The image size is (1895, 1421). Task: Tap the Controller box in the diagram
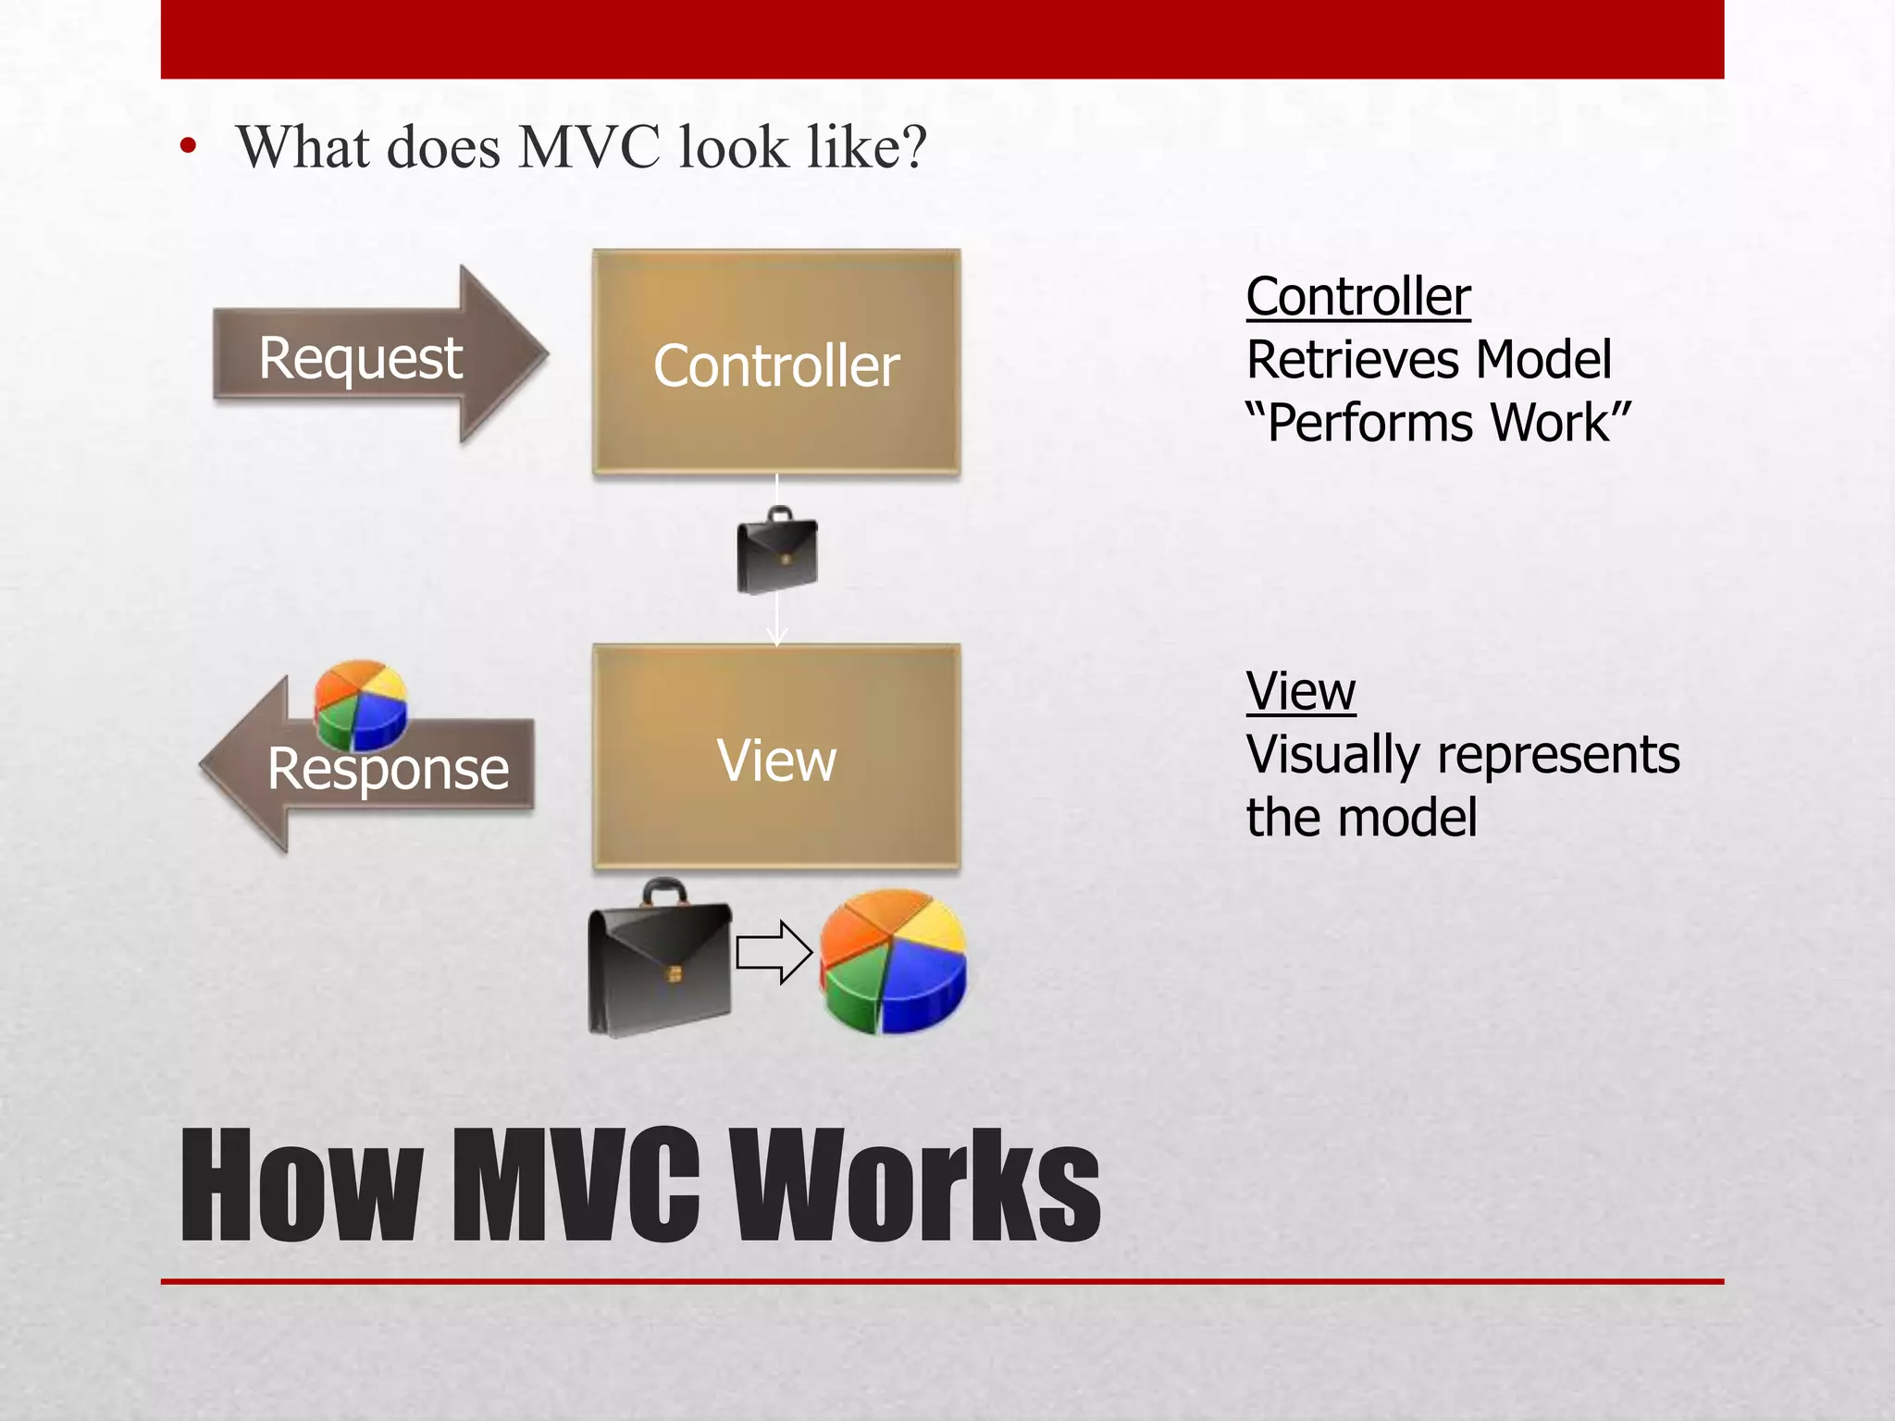coord(775,363)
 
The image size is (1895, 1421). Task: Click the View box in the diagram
coord(775,759)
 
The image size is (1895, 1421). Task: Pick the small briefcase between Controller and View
coord(777,551)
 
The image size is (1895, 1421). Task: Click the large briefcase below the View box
coord(659,962)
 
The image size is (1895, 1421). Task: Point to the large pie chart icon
coord(893,962)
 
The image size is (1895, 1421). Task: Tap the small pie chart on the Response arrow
coord(360,703)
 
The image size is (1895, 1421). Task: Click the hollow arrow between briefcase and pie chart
coord(774,952)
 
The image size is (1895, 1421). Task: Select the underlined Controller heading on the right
coord(1357,297)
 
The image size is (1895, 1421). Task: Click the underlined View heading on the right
coord(1300,691)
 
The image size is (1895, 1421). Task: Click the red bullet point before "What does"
coord(189,146)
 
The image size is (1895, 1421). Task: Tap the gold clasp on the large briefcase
coord(675,974)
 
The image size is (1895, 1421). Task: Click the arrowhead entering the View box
coord(776,638)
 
